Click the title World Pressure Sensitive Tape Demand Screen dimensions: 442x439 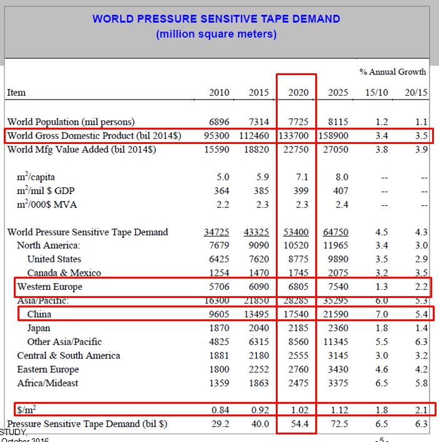coord(216,19)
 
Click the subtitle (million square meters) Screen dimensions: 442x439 coord(216,34)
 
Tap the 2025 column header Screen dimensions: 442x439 coord(338,93)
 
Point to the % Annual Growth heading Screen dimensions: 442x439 coord(393,72)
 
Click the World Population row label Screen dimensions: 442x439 coord(71,121)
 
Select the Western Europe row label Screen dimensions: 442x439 coord(49,287)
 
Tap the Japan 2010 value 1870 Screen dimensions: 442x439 coord(219,328)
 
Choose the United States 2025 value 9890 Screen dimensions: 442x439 coord(338,259)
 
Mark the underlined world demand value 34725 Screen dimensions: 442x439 coord(217,232)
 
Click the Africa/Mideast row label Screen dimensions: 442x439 coord(48,383)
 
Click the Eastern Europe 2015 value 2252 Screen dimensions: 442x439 coord(259,369)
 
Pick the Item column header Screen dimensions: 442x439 coord(16,93)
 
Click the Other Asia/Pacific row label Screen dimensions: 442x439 coord(64,342)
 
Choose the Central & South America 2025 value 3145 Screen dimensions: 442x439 coord(338,356)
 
